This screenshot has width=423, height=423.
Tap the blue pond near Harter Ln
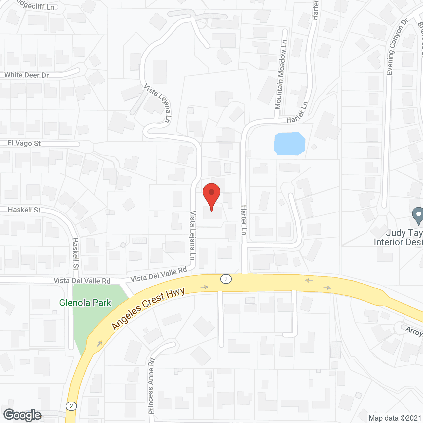289,144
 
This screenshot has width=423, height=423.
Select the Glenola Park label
85,303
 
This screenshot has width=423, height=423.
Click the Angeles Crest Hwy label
148,309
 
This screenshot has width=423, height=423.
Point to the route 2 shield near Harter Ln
226,279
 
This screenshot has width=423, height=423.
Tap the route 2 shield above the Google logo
71,406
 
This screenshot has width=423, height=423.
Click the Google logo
22,415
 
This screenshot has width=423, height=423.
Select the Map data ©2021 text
395,418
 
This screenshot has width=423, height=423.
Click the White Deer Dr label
26,75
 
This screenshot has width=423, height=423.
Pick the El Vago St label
24,143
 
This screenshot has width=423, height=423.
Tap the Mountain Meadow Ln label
281,75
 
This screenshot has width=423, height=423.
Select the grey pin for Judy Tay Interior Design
418,215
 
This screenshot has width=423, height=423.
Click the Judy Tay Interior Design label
399,237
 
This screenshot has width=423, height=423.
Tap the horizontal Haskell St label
24,210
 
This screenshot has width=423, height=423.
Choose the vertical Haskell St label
76,254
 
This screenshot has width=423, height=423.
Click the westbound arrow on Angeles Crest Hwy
309,281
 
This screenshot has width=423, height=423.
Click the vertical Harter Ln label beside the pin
244,220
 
